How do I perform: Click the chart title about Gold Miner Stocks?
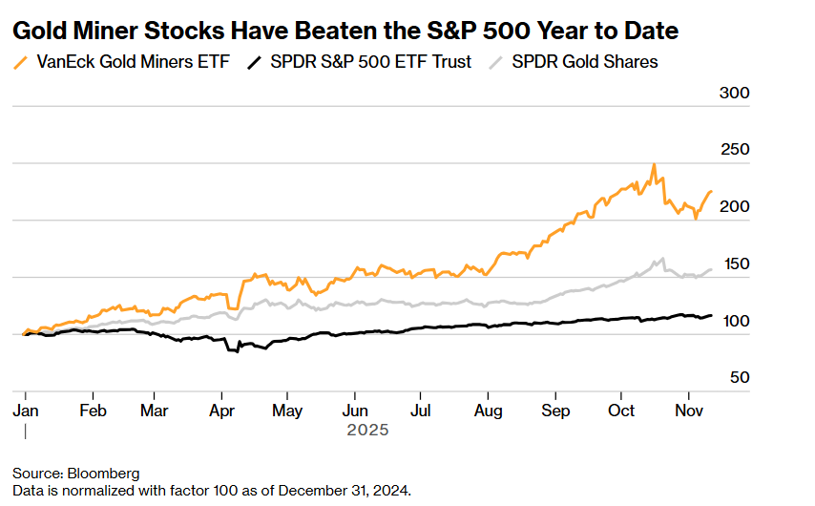[x=345, y=31]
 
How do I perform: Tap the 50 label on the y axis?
[x=741, y=377]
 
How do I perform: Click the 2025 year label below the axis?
[x=367, y=431]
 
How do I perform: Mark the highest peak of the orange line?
[x=654, y=165]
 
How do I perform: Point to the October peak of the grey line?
[x=660, y=258]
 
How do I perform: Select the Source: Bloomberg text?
[x=76, y=474]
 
